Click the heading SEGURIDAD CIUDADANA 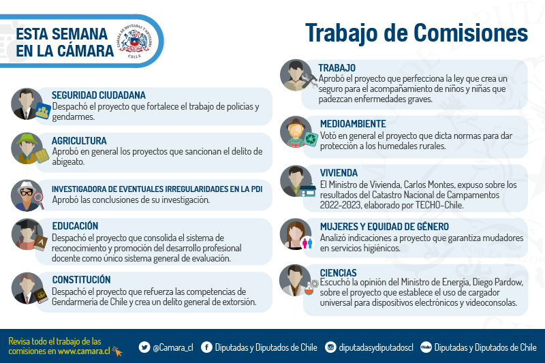(x=98, y=95)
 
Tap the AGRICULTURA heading (x=79, y=141)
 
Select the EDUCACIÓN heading (x=75, y=226)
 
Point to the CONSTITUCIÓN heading (x=81, y=280)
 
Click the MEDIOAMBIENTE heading (x=353, y=124)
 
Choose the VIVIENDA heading (x=339, y=173)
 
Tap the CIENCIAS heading (x=338, y=272)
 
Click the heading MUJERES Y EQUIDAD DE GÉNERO (x=384, y=227)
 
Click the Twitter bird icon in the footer (x=144, y=347)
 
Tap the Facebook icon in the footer (x=206, y=347)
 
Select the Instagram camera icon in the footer (x=330, y=347)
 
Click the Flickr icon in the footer (x=426, y=347)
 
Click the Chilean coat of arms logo (x=134, y=42)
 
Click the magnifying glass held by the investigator (x=39, y=200)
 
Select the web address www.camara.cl (x=84, y=351)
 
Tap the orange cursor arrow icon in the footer (x=117, y=351)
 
